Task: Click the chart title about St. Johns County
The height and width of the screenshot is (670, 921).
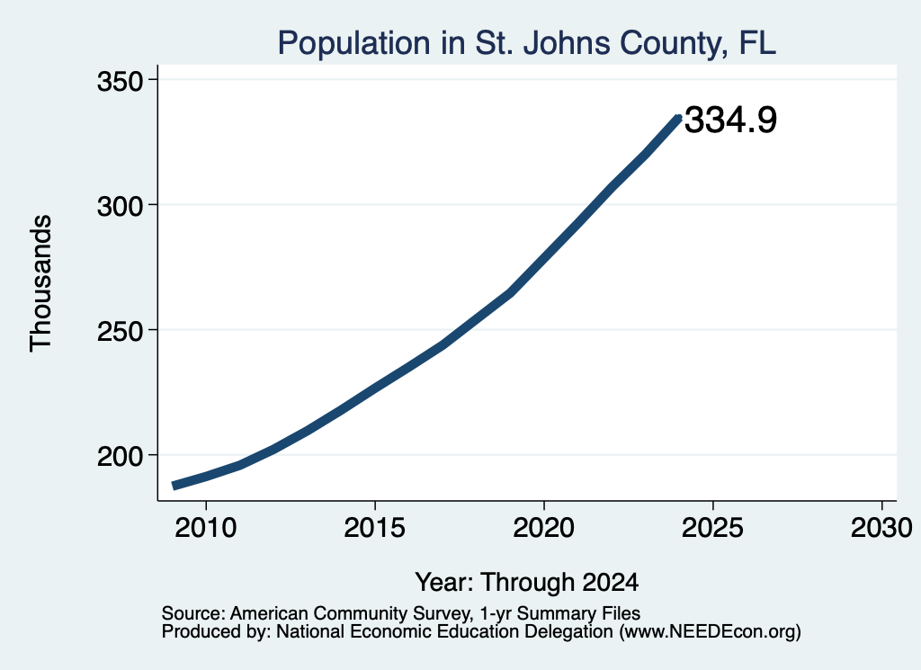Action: (x=527, y=43)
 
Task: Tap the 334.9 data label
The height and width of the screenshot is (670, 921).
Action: (x=730, y=120)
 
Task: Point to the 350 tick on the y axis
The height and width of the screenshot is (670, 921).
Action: (x=121, y=81)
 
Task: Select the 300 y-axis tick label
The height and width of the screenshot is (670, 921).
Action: (x=121, y=206)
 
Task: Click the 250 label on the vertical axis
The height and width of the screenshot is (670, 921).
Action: (x=121, y=331)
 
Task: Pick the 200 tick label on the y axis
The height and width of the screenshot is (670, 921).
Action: (x=121, y=456)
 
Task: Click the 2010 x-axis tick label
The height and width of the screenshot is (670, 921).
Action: (x=206, y=528)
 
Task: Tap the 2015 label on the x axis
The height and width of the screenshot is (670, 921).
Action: (x=375, y=528)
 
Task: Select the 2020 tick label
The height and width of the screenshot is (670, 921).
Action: (x=544, y=528)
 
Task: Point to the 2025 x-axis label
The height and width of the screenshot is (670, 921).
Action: (x=712, y=528)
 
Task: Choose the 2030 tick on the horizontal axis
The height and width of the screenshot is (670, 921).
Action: (x=881, y=528)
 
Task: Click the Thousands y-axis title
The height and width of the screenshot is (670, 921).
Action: (x=41, y=283)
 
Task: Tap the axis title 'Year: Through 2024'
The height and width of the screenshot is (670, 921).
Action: (x=527, y=583)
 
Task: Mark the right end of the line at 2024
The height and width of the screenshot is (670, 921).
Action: (x=678, y=119)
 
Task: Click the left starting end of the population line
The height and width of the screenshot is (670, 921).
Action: (x=174, y=486)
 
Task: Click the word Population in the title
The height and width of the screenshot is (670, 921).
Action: (x=354, y=44)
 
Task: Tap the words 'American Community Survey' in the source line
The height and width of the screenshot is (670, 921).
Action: (x=352, y=613)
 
